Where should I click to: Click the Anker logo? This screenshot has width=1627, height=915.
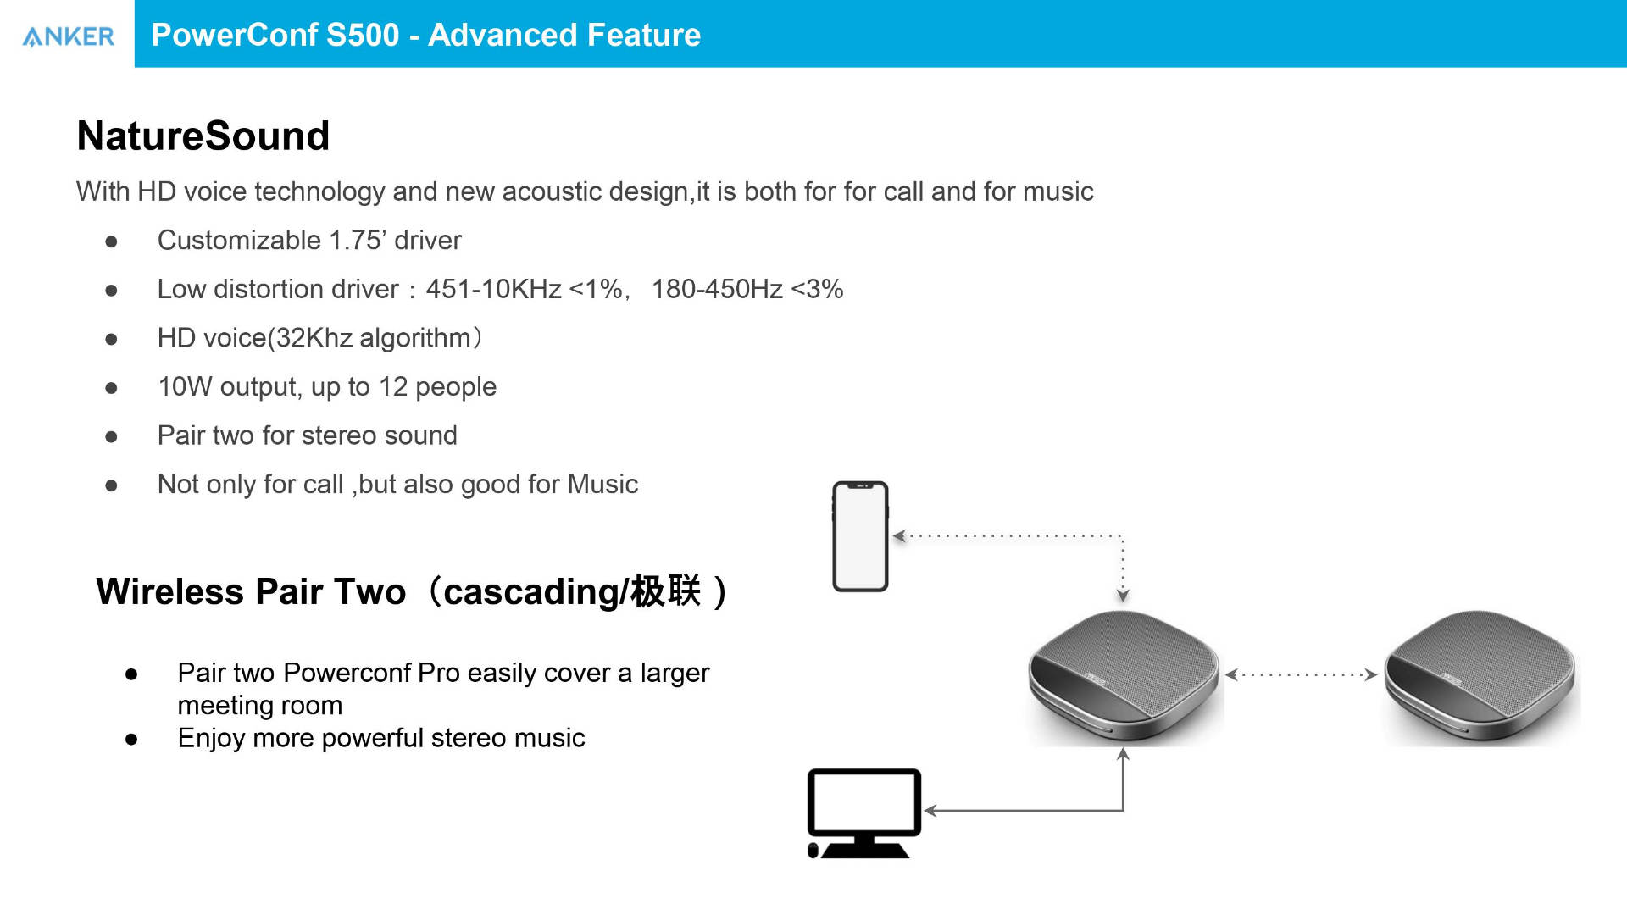click(x=68, y=36)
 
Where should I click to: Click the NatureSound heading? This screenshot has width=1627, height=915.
click(x=203, y=136)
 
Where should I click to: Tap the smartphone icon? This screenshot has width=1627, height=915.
click(x=860, y=536)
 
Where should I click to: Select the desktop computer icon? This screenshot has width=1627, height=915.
click(x=863, y=813)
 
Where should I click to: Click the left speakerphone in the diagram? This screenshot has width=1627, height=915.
click(x=1124, y=677)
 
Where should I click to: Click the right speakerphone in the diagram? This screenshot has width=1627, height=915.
click(x=1480, y=677)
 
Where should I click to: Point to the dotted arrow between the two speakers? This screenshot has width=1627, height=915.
click(x=1301, y=674)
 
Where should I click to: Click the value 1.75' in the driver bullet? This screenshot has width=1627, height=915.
click(x=356, y=241)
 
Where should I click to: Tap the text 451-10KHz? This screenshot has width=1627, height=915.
click(x=493, y=289)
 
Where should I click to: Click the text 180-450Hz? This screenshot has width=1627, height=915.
click(x=717, y=289)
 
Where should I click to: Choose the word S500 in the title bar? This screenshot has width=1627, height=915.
click(x=362, y=35)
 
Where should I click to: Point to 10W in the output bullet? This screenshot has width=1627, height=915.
click(x=185, y=386)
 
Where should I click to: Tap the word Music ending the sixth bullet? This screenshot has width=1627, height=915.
click(x=602, y=484)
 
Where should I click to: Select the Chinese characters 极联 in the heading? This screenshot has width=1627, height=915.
click(x=666, y=591)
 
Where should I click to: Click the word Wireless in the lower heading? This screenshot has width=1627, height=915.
click(x=170, y=591)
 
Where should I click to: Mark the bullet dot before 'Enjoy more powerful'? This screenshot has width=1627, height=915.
click(x=131, y=739)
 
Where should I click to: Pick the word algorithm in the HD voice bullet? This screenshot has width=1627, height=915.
click(x=415, y=338)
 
